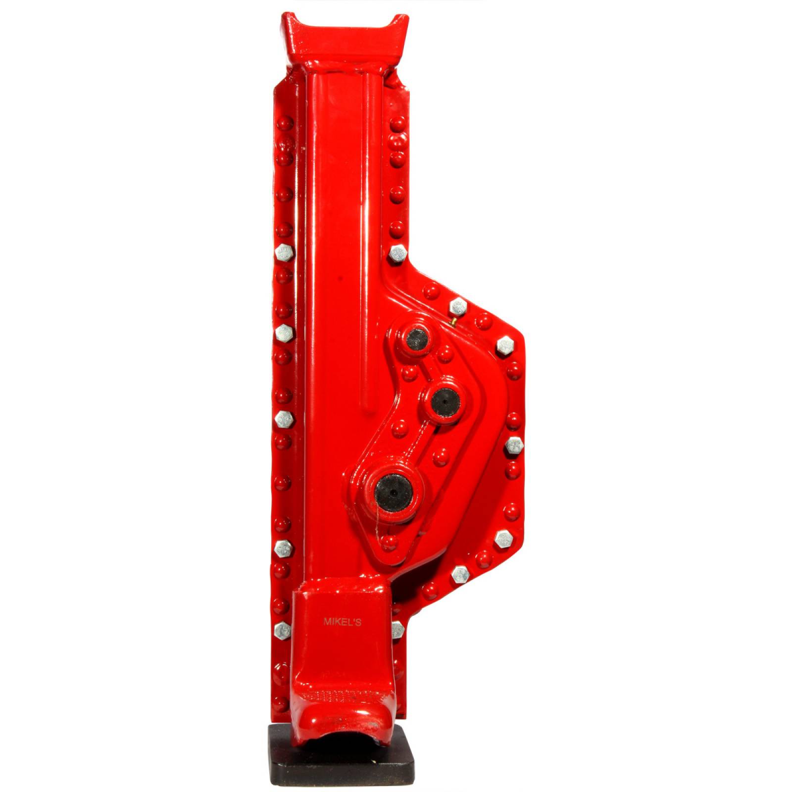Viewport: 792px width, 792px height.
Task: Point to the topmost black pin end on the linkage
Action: [x=416, y=340]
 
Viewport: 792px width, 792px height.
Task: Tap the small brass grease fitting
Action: [x=453, y=322]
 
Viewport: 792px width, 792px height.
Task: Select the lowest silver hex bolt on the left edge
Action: [x=282, y=630]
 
